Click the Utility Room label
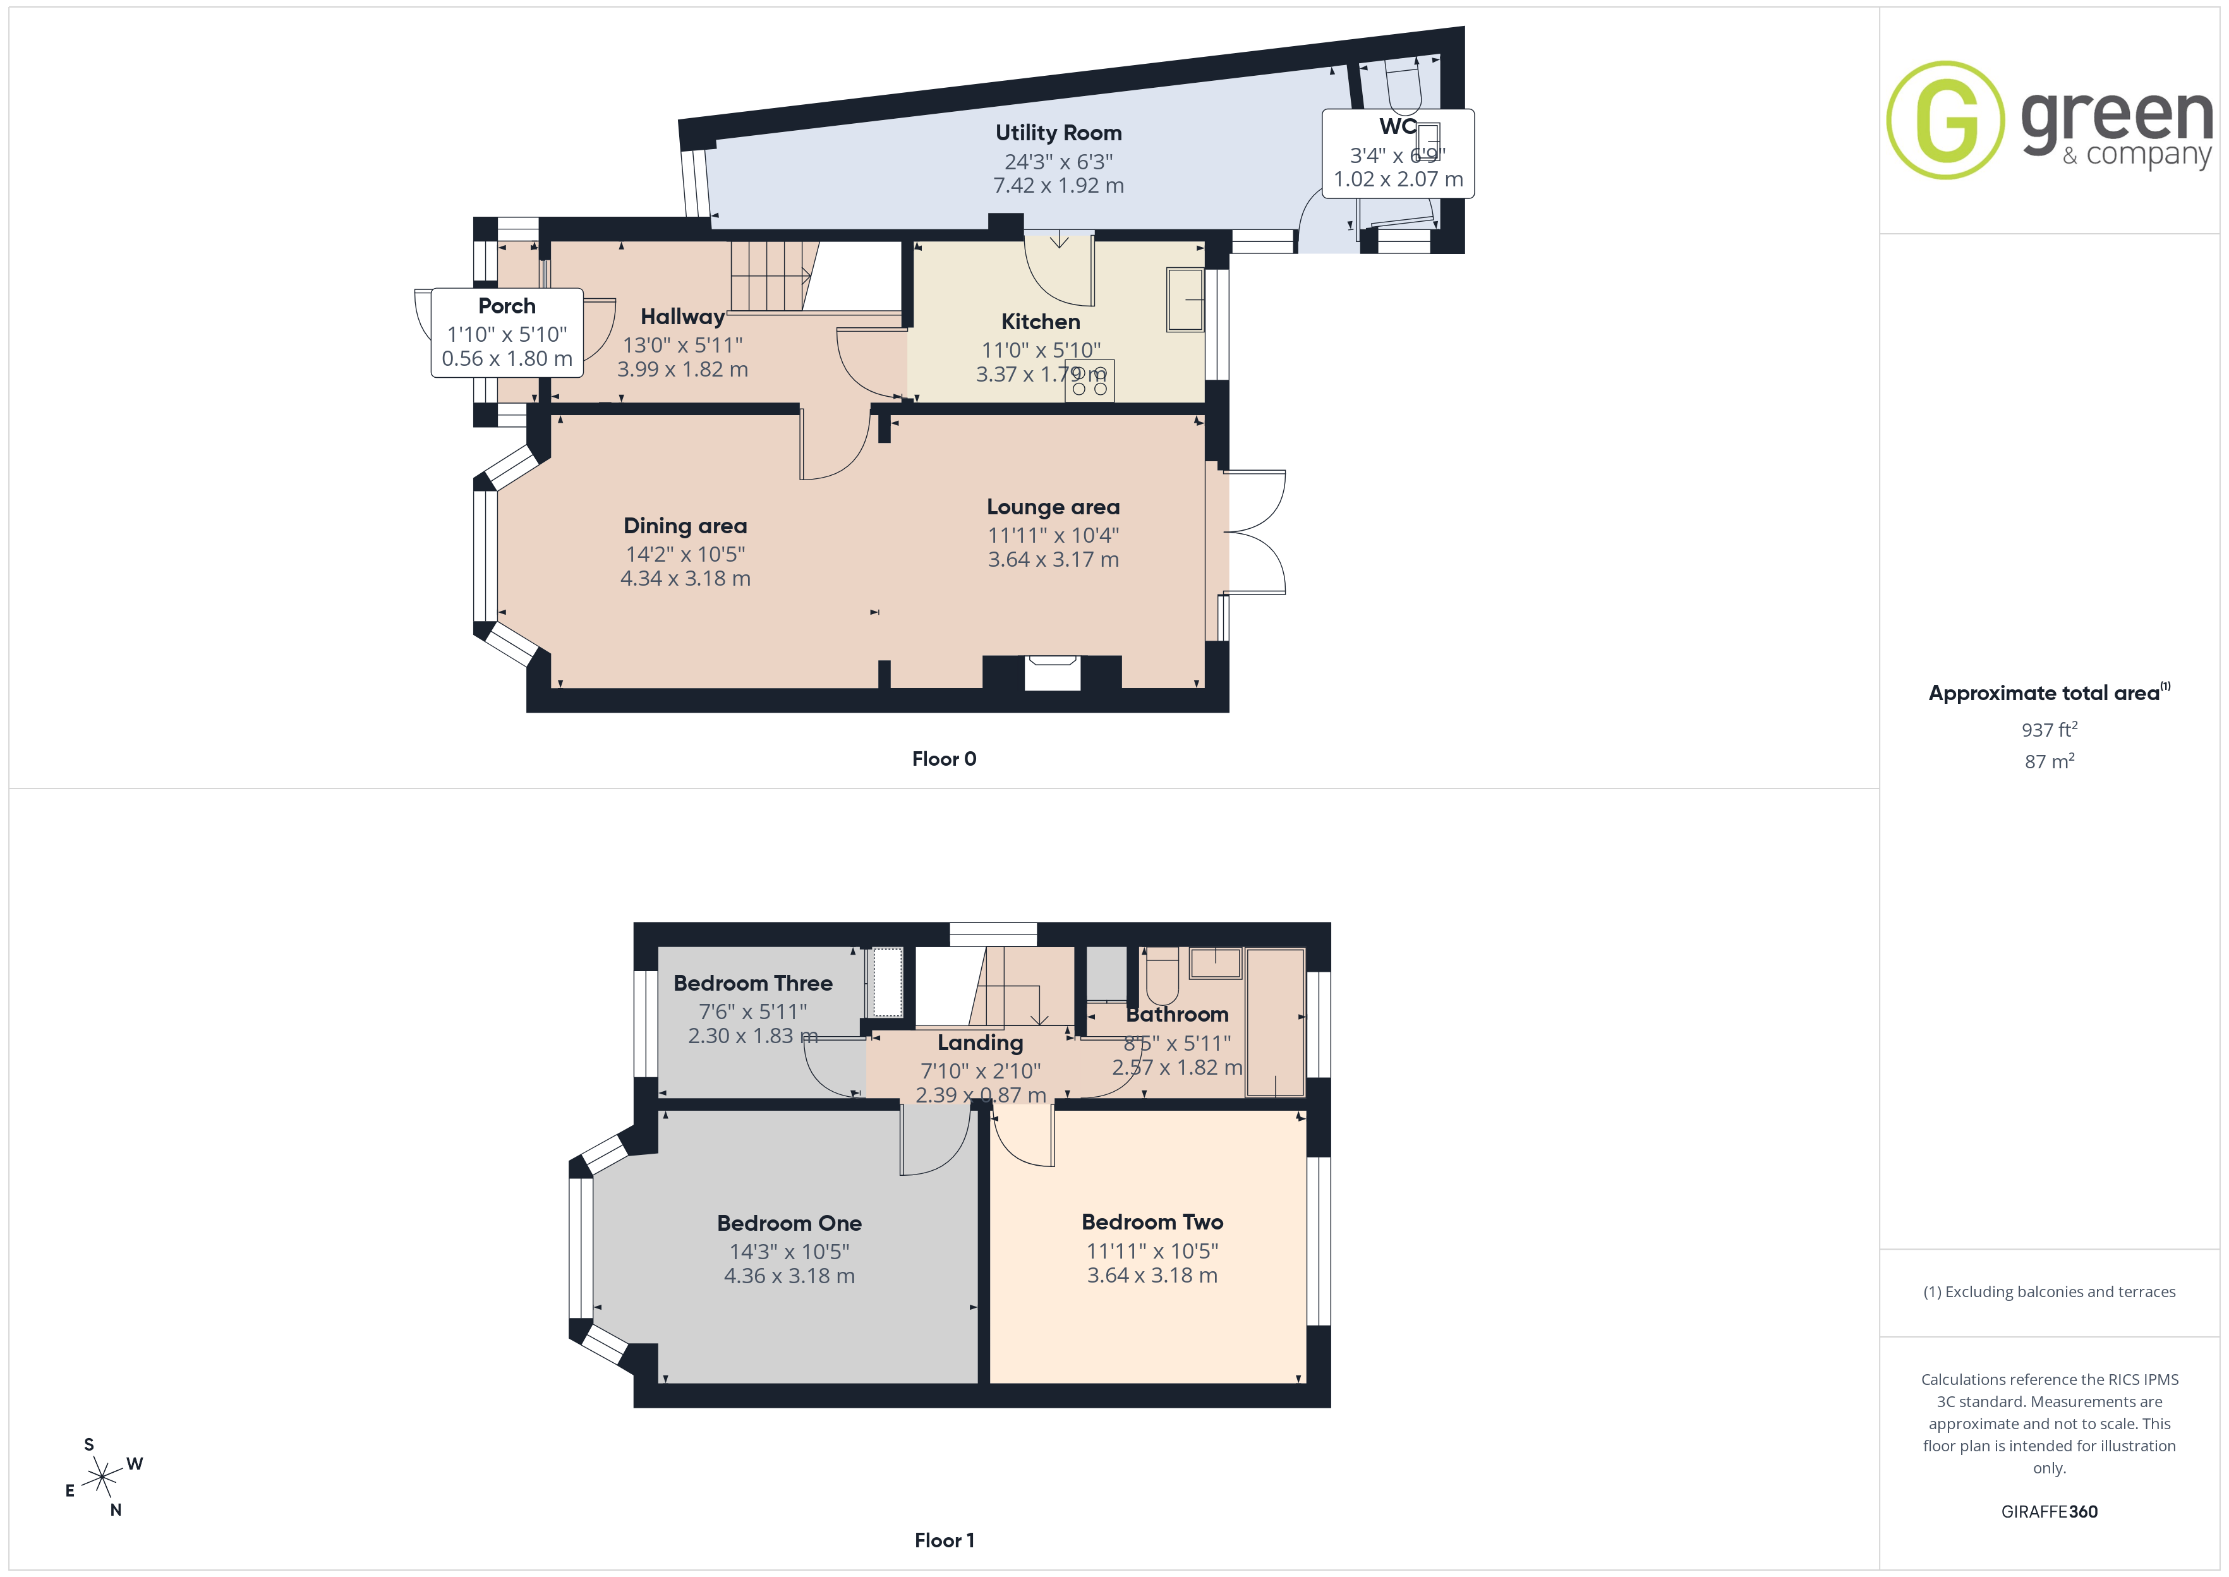click(x=1058, y=133)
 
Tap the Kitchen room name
click(x=1041, y=322)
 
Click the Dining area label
click(x=686, y=526)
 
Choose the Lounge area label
click(x=1053, y=507)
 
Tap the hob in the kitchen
click(x=1089, y=380)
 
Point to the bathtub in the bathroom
click(x=1275, y=1022)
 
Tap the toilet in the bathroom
click(x=1162, y=977)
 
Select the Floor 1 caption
click(x=944, y=1540)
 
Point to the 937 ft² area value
click(x=2050, y=729)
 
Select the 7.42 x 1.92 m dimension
click(x=1058, y=186)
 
